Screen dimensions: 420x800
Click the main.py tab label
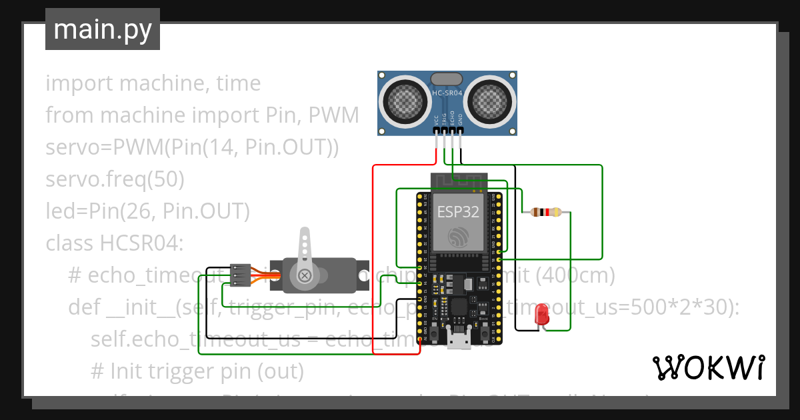(102, 29)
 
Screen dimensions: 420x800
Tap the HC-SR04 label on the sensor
(447, 93)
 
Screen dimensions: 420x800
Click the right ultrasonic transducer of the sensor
(490, 101)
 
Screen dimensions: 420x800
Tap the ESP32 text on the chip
(458, 211)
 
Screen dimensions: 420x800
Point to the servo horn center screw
(305, 275)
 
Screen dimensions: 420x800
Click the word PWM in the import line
(334, 115)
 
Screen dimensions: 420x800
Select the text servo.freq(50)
(115, 179)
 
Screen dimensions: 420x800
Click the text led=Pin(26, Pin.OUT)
(147, 211)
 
